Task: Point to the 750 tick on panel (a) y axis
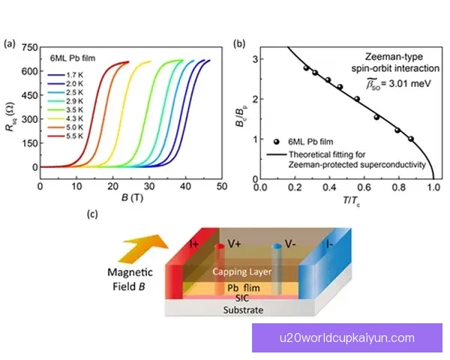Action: (29, 47)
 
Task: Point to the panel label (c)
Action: (93, 214)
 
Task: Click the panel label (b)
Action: (238, 43)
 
